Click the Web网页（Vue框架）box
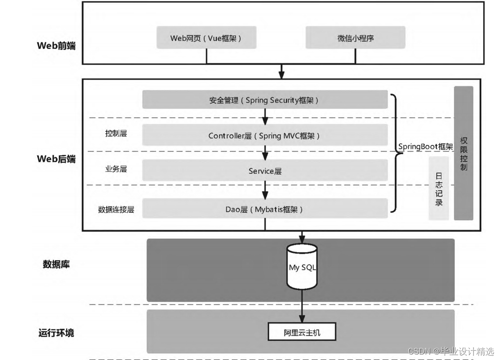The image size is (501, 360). [206, 38]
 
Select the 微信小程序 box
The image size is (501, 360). [355, 38]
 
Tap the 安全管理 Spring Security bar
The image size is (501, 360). [265, 100]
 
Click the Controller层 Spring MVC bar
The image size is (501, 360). [265, 135]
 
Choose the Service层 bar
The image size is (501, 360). [265, 171]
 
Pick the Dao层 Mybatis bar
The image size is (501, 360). [265, 209]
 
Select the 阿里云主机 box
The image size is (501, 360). [302, 333]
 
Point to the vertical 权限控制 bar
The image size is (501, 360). [463, 153]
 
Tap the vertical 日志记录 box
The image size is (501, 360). [439, 189]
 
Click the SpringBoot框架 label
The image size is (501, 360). [425, 146]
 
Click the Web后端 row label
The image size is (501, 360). [56, 159]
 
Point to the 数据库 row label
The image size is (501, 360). [56, 264]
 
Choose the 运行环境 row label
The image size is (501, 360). [56, 333]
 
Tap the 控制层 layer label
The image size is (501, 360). [116, 133]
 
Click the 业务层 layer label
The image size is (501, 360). [116, 169]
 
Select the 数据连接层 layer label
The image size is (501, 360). [116, 209]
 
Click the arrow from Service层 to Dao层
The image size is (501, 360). [265, 190]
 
